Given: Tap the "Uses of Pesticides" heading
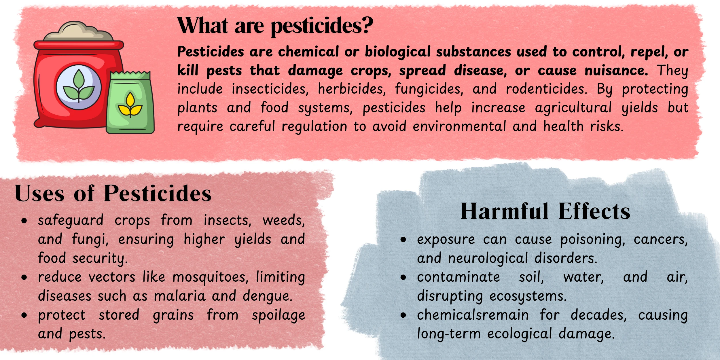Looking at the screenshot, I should point(113,194).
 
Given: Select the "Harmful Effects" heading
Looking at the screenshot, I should point(545,212).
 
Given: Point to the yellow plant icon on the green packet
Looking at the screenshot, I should point(130,106).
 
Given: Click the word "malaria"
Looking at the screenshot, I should point(180,296).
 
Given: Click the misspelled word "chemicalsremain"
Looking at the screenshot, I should point(473,315).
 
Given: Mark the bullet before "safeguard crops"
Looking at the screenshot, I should point(24,221).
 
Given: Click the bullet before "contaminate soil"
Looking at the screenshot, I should point(403,278).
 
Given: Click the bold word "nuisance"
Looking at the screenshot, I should point(616,71).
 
